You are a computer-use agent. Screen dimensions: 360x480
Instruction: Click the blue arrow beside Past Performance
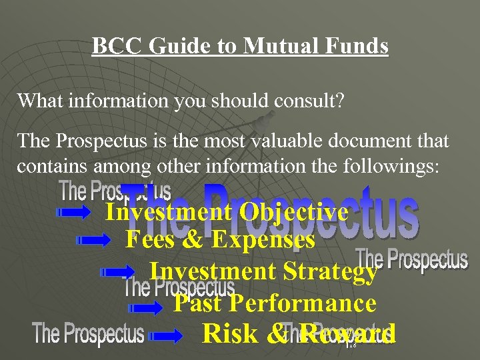coord(145,307)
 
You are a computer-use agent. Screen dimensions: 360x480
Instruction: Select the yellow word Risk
coord(230,333)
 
